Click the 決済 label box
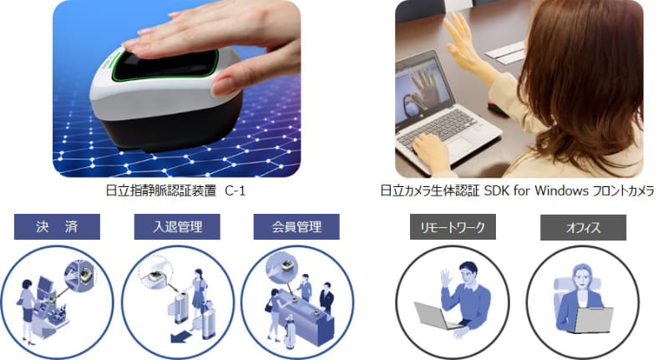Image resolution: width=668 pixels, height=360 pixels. coord(57,226)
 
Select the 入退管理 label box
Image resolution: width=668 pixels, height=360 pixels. coord(177,226)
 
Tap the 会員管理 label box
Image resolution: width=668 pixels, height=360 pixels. coord(296,226)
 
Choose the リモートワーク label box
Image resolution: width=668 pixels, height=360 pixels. coord(453,227)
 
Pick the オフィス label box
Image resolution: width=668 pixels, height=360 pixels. coord(583,227)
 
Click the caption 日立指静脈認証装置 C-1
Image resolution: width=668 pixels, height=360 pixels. coord(175,190)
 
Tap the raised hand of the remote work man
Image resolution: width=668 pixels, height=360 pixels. coord(446,277)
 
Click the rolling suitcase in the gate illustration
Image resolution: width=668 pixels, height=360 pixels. coord(208,322)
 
